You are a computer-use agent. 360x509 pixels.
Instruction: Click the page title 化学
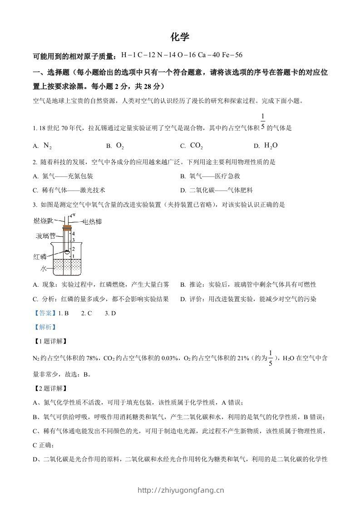point(180,37)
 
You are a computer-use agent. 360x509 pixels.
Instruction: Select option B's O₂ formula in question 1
point(120,146)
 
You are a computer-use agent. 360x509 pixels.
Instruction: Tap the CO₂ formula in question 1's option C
point(196,146)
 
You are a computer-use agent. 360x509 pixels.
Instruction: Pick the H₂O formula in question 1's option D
point(271,146)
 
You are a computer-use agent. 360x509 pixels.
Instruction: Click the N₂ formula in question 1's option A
point(48,146)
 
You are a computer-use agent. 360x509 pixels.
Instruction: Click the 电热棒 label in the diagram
point(92,222)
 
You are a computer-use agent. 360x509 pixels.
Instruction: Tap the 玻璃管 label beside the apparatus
point(46,236)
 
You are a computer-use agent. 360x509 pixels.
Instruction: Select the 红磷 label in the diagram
point(40,256)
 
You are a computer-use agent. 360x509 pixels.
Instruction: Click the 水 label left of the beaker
point(43,269)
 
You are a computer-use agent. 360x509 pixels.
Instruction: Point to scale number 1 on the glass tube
point(73,256)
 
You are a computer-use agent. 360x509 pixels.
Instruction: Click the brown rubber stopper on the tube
point(67,227)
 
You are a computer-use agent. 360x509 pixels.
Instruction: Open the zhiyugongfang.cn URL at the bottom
point(180,490)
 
